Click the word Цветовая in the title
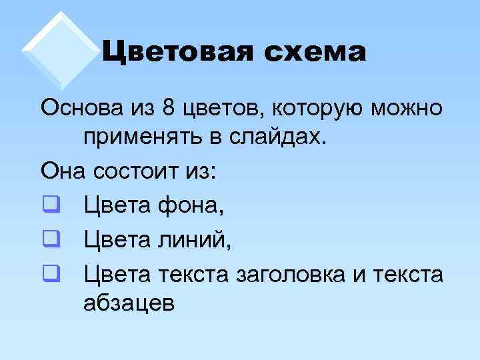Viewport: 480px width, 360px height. point(173,53)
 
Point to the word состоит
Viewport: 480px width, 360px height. point(138,173)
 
